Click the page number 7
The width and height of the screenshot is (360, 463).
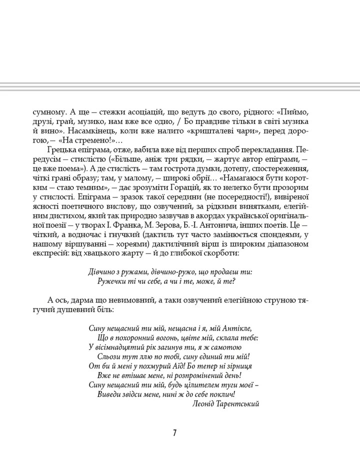[x=174, y=433]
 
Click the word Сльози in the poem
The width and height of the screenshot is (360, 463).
[x=112, y=357]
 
